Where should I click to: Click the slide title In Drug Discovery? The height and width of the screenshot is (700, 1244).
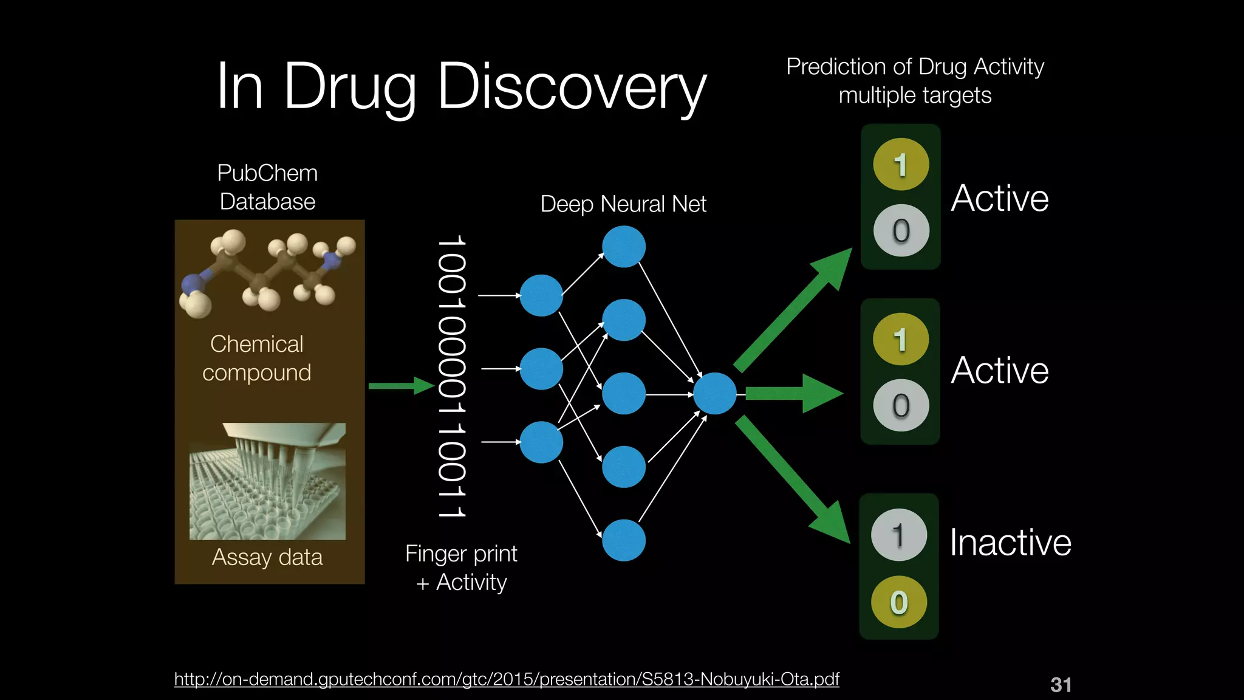click(462, 86)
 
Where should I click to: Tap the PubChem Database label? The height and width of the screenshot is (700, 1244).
click(267, 187)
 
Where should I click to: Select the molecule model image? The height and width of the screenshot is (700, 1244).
click(267, 273)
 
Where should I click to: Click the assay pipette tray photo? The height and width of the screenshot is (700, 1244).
click(267, 481)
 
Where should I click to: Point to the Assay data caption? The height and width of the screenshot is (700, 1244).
click(267, 557)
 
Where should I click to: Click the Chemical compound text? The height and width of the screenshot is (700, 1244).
click(257, 358)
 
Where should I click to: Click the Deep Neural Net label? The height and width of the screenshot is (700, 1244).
click(623, 204)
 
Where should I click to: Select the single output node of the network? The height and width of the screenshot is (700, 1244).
click(715, 394)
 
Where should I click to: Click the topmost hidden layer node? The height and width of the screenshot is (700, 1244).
click(624, 247)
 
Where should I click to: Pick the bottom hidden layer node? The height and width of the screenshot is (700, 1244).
click(624, 540)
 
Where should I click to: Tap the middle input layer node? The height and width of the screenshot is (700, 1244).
click(541, 369)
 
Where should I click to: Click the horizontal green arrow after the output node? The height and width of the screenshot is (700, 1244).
click(793, 394)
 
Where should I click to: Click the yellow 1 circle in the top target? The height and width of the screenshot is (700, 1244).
click(901, 164)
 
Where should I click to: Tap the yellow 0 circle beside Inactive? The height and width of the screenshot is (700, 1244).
click(899, 602)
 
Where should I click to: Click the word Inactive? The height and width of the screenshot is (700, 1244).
click(1010, 542)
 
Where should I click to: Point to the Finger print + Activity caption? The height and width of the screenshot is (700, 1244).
click(462, 568)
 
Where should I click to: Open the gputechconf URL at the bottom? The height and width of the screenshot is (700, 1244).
click(507, 679)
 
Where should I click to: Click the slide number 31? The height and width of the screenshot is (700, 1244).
click(1061, 685)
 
